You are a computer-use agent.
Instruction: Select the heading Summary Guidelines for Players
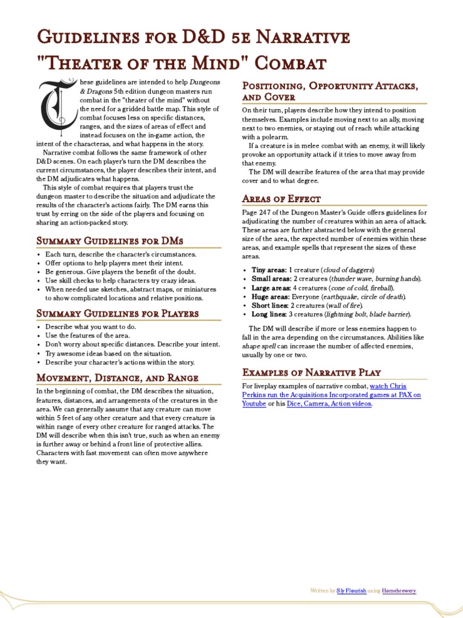118,314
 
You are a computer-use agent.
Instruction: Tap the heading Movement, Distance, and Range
118,378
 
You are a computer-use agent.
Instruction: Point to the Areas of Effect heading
282,199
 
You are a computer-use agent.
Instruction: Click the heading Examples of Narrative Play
311,372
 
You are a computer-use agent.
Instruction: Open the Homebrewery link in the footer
399,590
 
